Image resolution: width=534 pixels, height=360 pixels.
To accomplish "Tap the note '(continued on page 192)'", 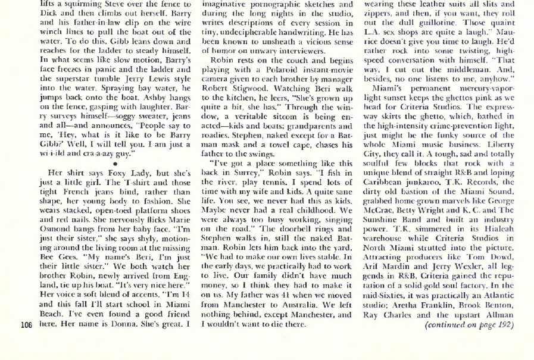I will [469, 325].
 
